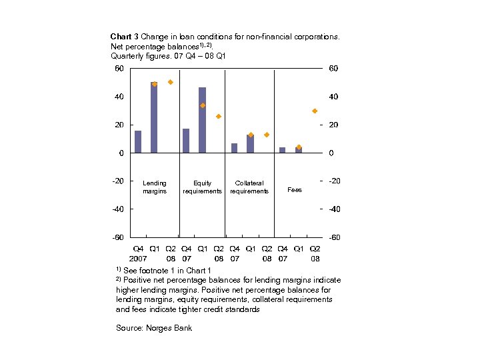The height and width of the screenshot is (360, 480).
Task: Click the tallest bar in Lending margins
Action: coord(154,117)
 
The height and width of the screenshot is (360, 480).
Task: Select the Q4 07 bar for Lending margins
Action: coord(138,141)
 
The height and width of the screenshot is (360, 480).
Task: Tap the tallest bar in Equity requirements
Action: coord(202,120)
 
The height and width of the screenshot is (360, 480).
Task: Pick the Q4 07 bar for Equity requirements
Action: coord(186,141)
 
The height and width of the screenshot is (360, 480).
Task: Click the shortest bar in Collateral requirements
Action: coord(234,148)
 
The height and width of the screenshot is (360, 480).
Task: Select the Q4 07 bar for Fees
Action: coord(282,150)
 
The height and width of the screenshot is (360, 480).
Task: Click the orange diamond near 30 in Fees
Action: coord(315,111)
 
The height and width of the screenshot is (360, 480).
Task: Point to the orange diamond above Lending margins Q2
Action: coord(170,82)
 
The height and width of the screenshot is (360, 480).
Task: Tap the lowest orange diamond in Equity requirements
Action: coord(218,116)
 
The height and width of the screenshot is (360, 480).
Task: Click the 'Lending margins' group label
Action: coord(155,187)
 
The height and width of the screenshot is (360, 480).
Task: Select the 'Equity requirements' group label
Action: coord(202,187)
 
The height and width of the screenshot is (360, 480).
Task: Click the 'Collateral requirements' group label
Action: coord(249,187)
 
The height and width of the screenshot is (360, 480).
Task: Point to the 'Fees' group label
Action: coord(294,190)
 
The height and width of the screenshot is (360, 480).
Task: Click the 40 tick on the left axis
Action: coord(119,97)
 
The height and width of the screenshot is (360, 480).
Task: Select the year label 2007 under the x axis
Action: coord(138,257)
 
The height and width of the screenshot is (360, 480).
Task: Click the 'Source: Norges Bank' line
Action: coord(154,328)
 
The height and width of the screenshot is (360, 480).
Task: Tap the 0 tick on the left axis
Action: coord(121,153)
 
